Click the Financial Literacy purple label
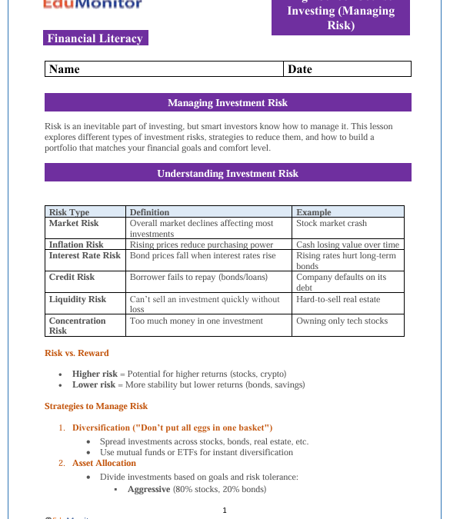95,38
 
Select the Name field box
164,69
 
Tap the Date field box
347,69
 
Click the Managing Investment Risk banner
228,103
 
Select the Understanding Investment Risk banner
228,173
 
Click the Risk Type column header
69,212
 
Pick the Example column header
314,212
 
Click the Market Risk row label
74,223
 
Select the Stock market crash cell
332,223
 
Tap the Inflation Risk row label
76,245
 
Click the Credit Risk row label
72,277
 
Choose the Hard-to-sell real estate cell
338,299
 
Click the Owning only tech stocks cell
342,321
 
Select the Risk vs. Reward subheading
77,353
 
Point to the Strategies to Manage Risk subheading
96,406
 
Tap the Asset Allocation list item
104,463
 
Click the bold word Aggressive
148,489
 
